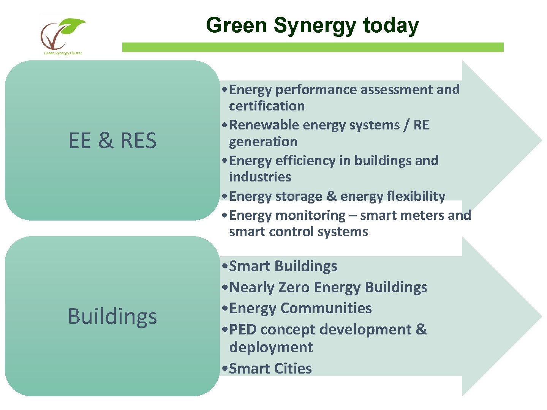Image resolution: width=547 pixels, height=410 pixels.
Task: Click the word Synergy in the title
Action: coord(315,26)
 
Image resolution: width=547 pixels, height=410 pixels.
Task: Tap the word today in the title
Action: coord(391,25)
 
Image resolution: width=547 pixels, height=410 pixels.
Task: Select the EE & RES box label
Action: coord(112,140)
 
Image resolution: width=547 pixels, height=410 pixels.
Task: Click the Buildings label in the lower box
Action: coord(112,316)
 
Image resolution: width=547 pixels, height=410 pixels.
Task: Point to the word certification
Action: coord(267,106)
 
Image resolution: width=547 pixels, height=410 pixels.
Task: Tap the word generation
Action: coord(263,142)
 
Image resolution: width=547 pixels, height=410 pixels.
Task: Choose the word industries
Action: coord(260,177)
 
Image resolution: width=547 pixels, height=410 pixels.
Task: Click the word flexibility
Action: coord(416,196)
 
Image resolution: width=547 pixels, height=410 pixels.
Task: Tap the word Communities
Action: coord(326,308)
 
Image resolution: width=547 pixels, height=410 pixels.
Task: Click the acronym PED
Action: coord(243,330)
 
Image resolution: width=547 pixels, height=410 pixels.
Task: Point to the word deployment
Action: coord(271,347)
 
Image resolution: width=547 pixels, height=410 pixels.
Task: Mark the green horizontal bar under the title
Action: coord(313,47)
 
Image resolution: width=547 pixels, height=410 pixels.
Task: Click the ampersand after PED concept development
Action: coord(421,330)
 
